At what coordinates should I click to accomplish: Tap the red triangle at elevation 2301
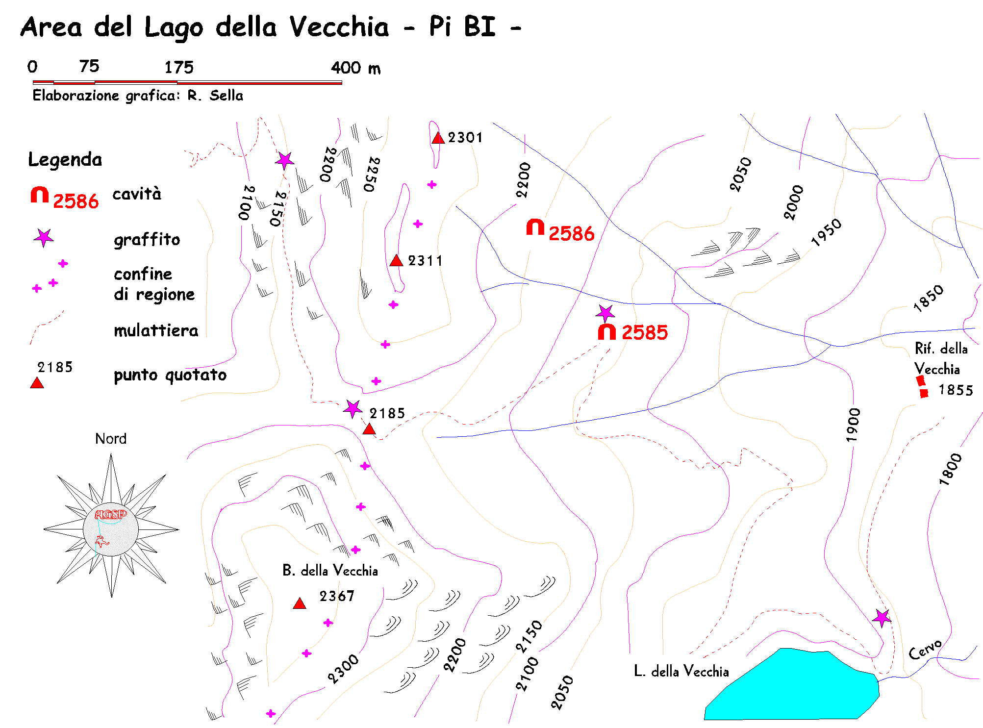pos(438,138)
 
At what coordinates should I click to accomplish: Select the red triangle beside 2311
pos(396,261)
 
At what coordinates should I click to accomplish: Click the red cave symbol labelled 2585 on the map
pos(606,332)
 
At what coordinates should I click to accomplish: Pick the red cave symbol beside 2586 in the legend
pos(40,195)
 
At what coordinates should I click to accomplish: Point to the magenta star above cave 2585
pos(605,313)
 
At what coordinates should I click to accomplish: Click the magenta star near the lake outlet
pos(882,618)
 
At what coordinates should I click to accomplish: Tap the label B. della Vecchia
pos(330,571)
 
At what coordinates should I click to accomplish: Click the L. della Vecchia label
pos(681,671)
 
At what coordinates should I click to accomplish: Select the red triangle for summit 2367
pos(300,603)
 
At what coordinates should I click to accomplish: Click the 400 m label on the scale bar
pos(355,68)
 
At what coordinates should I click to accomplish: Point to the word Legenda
pos(65,160)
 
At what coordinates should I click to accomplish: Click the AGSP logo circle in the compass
pos(111,529)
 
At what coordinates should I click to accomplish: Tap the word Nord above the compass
pos(111,438)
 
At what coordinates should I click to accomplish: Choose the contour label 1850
pos(928,298)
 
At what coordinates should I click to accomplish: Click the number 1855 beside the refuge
pos(955,390)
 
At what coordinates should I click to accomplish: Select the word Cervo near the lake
pos(925,650)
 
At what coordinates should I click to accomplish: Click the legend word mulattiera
pos(156,331)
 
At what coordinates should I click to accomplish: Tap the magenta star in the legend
pos(44,238)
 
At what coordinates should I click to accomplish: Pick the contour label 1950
pos(826,232)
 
